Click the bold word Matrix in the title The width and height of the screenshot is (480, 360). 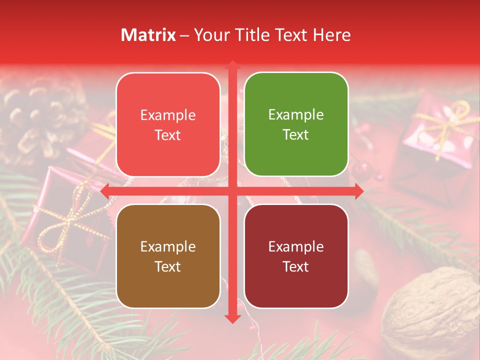tap(148, 35)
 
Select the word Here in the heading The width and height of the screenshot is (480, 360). tap(331, 35)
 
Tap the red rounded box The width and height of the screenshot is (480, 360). tap(168, 124)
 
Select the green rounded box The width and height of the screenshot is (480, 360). tap(296, 124)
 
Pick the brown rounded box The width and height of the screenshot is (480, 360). tap(168, 256)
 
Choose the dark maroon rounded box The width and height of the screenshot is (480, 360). tap(296, 256)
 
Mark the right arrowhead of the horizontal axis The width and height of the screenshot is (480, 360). tap(358, 191)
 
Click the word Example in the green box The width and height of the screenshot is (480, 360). tap(296, 115)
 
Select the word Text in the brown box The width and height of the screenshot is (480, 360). tap(168, 266)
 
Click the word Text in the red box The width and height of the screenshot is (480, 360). tap(168, 135)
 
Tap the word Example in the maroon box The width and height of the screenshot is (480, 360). tap(296, 246)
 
